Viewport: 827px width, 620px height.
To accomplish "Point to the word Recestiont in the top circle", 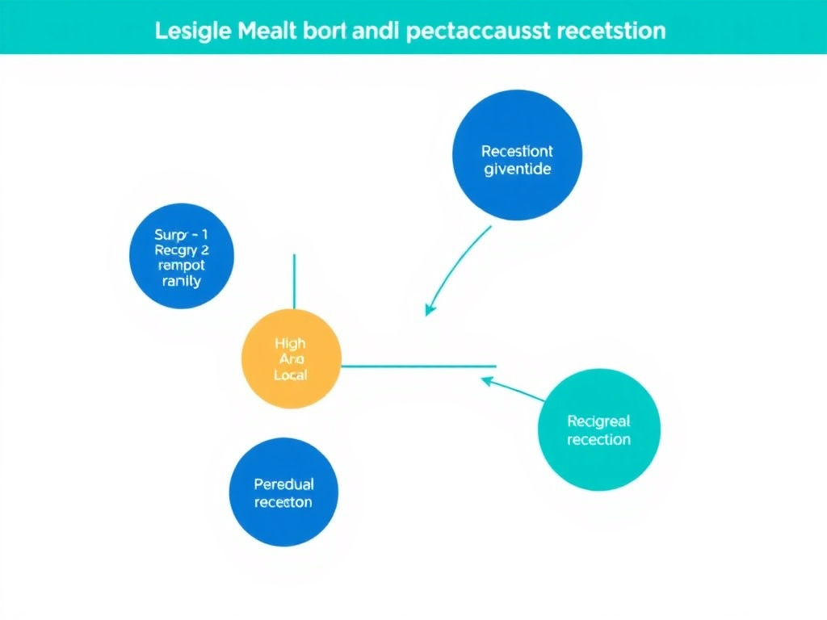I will click(517, 151).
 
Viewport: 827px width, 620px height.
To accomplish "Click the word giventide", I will click(517, 170).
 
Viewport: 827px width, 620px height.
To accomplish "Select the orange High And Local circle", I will click(292, 358).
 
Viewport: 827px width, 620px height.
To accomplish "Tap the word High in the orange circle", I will click(291, 344).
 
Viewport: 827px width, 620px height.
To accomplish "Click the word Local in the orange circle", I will click(291, 376).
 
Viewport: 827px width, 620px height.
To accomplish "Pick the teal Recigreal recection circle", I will click(598, 429).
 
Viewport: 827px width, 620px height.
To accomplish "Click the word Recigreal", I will click(598, 421).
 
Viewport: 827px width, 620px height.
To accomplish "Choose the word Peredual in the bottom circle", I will click(283, 484).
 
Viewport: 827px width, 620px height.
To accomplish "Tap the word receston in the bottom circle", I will click(283, 502).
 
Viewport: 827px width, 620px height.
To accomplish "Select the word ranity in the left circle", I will click(181, 282).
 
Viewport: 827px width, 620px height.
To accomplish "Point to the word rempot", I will click(181, 266).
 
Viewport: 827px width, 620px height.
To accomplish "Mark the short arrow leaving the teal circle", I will click(514, 389).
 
